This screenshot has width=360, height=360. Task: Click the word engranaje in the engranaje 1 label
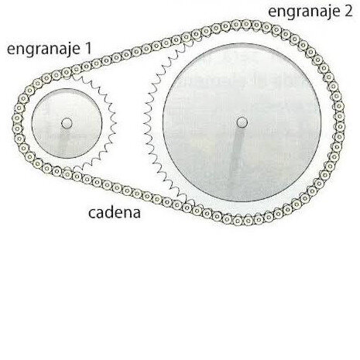click(43, 50)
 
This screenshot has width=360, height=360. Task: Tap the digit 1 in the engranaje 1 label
click(88, 48)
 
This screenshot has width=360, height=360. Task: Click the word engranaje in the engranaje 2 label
click(304, 12)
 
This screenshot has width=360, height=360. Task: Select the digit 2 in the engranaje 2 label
click(348, 12)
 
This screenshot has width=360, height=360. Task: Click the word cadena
click(115, 212)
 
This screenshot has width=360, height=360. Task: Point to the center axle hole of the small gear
click(67, 123)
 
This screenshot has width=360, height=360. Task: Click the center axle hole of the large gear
click(242, 122)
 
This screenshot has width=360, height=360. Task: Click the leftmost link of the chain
click(17, 118)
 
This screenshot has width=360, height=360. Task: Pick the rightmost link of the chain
click(340, 126)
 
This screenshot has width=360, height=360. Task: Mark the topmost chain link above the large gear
click(246, 24)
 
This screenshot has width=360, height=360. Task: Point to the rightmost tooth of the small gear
click(115, 123)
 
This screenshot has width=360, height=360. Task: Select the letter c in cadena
click(92, 214)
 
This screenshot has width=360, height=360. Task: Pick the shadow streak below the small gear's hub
click(63, 141)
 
